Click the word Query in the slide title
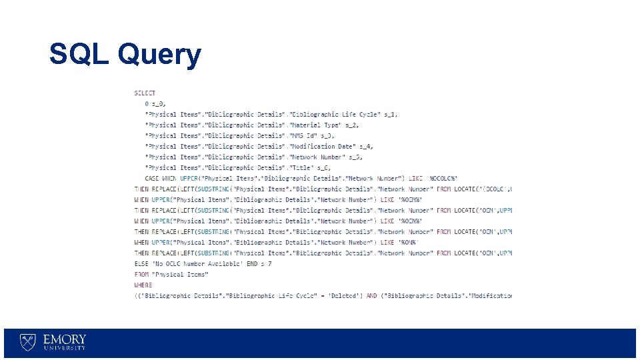click(x=158, y=55)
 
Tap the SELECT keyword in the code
click(x=145, y=93)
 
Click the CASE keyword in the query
click(x=152, y=179)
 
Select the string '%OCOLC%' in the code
click(x=443, y=179)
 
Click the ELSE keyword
click(x=141, y=264)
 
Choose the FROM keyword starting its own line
click(x=141, y=275)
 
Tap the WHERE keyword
click(x=143, y=285)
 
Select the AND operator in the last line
click(x=371, y=296)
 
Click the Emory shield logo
click(x=27, y=342)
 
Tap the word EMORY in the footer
click(x=65, y=339)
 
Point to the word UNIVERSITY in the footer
click(x=65, y=348)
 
